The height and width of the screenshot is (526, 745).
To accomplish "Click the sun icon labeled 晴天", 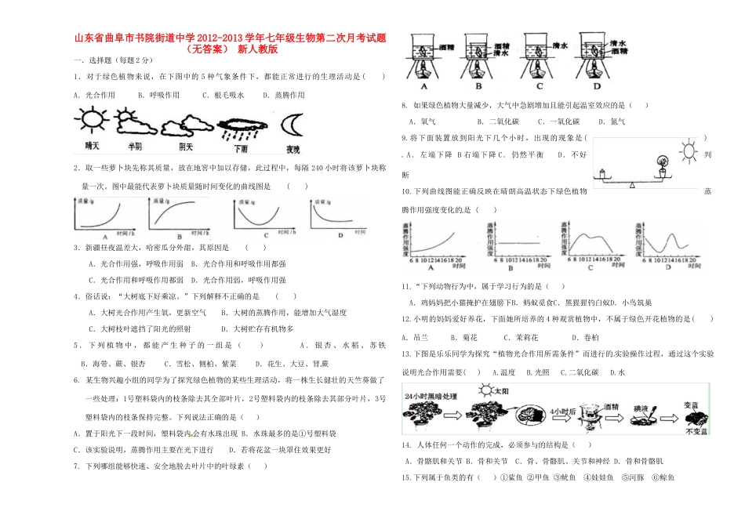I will pos(92,122).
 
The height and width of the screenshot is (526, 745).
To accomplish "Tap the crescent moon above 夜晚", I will pos(293,124).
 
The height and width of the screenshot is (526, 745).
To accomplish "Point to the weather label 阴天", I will pos(186,147).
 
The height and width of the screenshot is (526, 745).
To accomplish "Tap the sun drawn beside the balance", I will pos(689,149).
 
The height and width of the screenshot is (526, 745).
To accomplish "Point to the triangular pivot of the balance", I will pos(632,186).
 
